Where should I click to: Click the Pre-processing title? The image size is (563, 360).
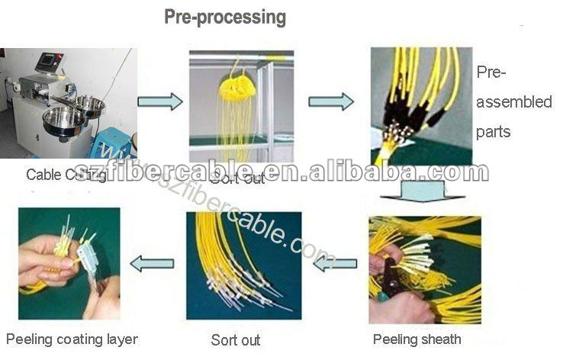(225, 17)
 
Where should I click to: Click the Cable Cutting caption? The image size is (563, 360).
(66, 175)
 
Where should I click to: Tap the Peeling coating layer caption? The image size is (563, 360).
(72, 339)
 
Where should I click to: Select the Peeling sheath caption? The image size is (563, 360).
(417, 339)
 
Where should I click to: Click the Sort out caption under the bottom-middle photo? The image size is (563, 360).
(236, 339)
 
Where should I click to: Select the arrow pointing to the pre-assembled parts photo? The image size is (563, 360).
(330, 101)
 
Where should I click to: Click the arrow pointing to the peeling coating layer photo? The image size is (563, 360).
(151, 264)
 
